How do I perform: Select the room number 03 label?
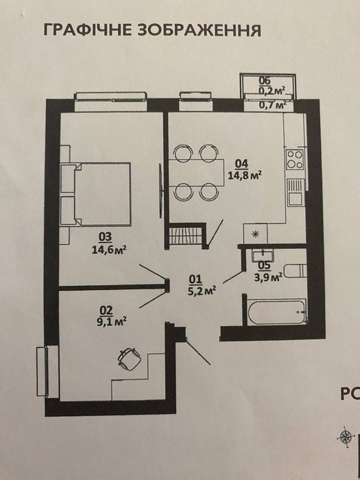tap(106, 237)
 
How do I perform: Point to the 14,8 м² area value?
tap(245, 176)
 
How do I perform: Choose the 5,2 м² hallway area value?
tap(202, 290)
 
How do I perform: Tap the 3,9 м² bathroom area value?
tap(268, 277)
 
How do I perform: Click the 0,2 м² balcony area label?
tap(272, 91)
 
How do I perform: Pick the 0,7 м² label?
tap(273, 105)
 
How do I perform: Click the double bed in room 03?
tap(95, 194)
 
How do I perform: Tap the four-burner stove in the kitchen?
tap(295, 160)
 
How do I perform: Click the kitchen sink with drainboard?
tap(296, 192)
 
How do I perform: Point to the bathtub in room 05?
tap(276, 311)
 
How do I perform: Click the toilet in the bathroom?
tap(295, 271)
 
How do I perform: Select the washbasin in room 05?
tap(263, 254)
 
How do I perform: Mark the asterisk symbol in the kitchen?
tap(255, 235)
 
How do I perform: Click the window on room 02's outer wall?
tap(47, 372)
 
